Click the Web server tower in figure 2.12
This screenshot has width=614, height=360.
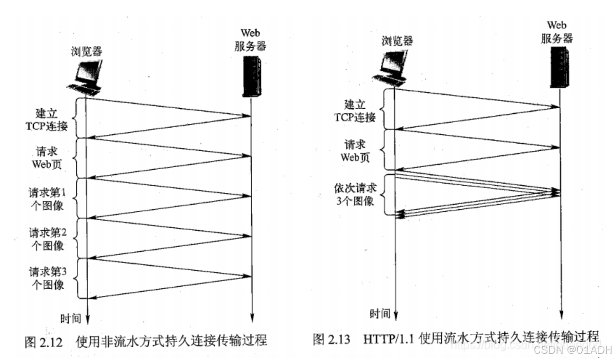(x=251, y=77)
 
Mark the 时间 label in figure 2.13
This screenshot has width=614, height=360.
(x=380, y=313)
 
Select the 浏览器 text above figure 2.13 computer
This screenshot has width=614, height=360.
(x=397, y=41)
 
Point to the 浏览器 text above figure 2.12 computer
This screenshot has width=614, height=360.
(x=88, y=51)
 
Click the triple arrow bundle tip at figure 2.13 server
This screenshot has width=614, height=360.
(x=558, y=192)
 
